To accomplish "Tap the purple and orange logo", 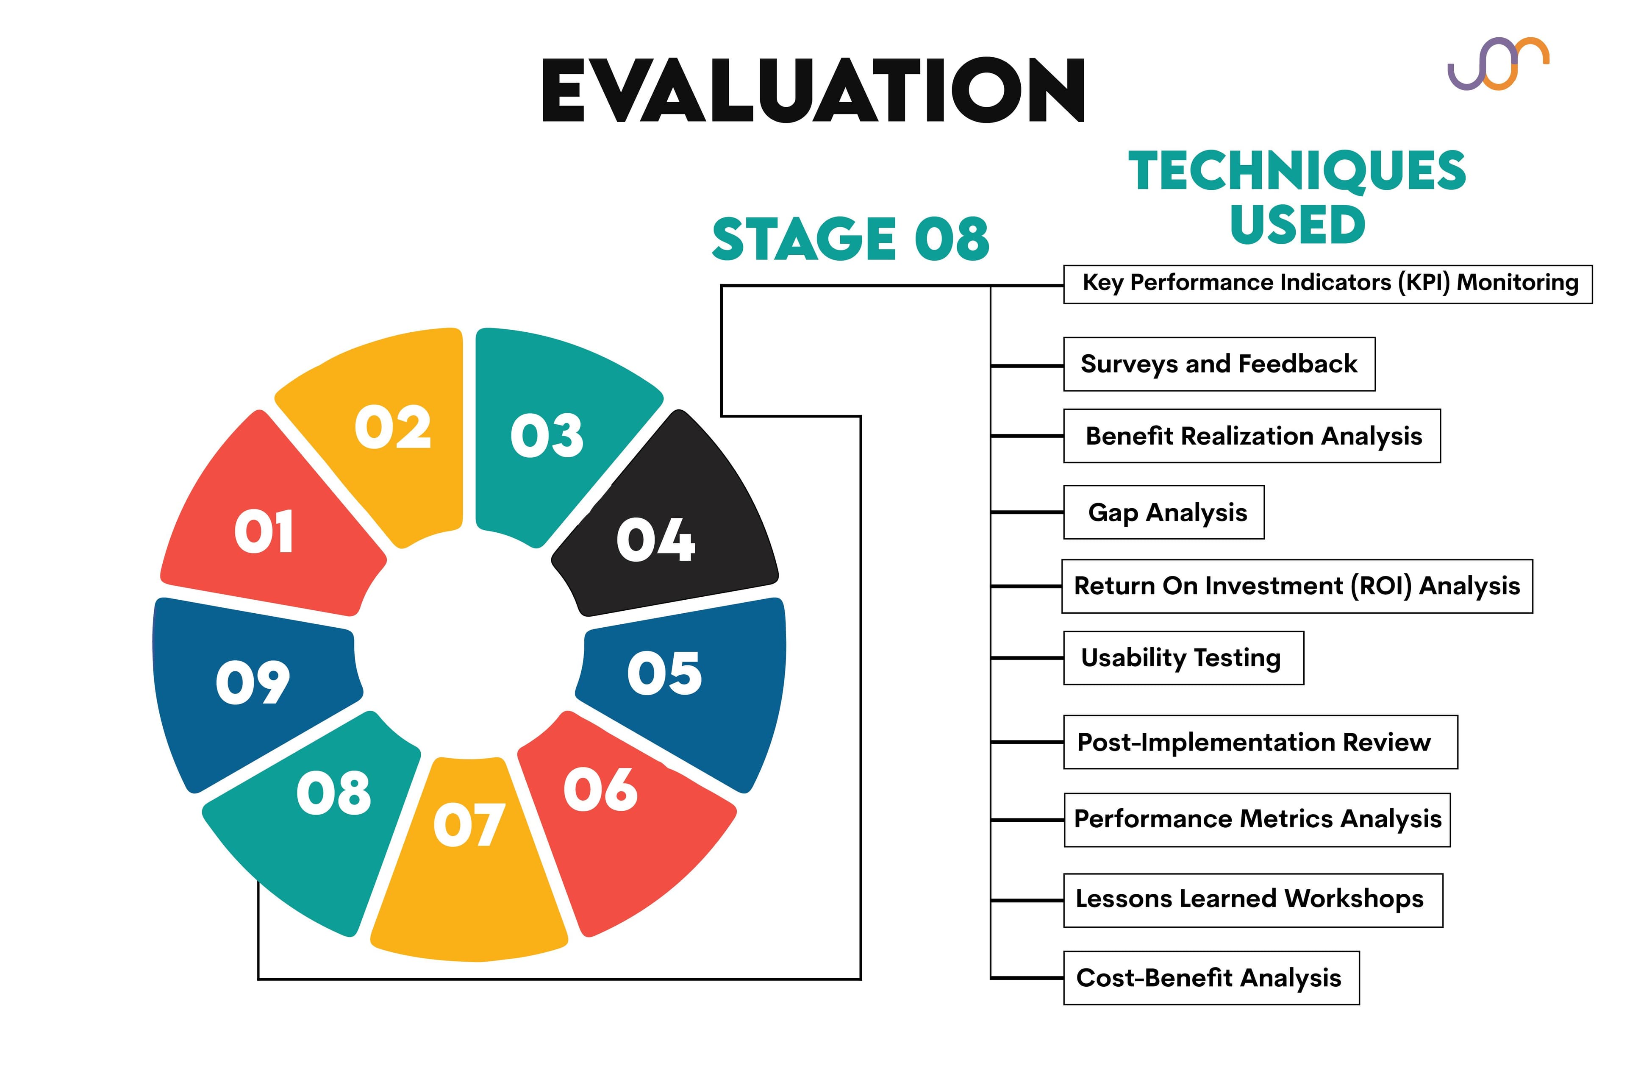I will point(1498,64).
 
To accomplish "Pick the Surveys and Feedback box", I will point(1219,364).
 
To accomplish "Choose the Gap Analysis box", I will point(1163,512).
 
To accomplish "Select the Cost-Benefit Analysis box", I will point(1211,978).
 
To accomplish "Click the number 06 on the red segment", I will point(600,790).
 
